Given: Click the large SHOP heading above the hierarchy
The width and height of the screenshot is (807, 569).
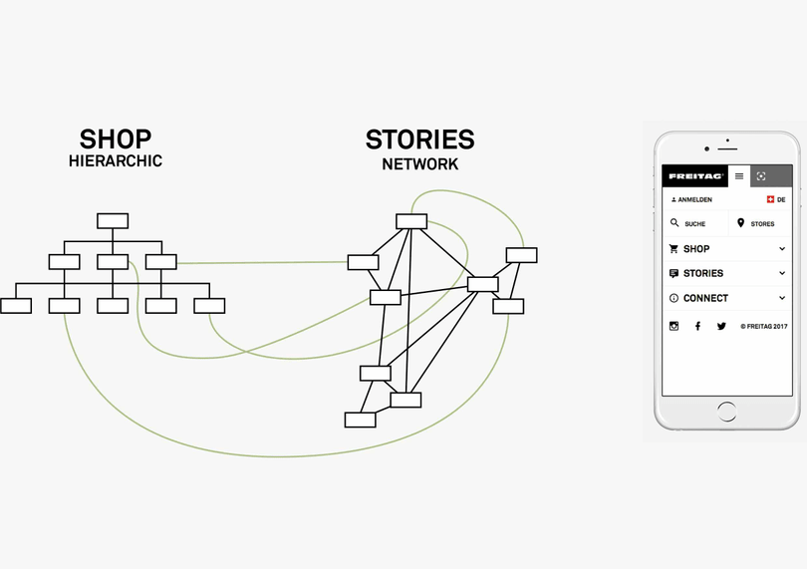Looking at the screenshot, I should pyautogui.click(x=116, y=139).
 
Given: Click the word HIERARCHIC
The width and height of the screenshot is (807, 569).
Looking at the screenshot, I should pyautogui.click(x=116, y=160).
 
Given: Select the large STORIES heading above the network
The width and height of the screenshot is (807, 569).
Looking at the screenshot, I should pyautogui.click(x=419, y=140).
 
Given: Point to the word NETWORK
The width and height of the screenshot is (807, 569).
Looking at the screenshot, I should pyautogui.click(x=419, y=163).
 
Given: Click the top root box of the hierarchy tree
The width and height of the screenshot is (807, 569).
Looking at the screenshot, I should pyautogui.click(x=113, y=221).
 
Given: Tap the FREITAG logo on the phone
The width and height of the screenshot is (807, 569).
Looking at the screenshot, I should pyautogui.click(x=695, y=176).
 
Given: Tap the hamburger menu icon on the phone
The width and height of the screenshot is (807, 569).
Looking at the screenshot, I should pyautogui.click(x=739, y=176).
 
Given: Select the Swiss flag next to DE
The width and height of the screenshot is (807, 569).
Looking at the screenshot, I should pyautogui.click(x=770, y=200).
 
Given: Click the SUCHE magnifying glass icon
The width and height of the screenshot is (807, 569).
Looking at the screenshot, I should pyautogui.click(x=674, y=223).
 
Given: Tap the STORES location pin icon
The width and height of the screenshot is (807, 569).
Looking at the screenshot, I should pyautogui.click(x=740, y=223).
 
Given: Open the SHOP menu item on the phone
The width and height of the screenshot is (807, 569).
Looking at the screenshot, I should pyautogui.click(x=696, y=249).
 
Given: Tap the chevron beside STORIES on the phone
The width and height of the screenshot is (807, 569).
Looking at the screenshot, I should pyautogui.click(x=782, y=273).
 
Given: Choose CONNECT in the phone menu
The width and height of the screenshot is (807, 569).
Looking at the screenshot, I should pyautogui.click(x=705, y=298).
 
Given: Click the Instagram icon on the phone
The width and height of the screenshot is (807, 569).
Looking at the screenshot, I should pyautogui.click(x=674, y=326).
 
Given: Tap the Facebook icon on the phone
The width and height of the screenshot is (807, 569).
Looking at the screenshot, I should pyautogui.click(x=697, y=326).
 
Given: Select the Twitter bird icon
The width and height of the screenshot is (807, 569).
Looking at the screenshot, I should pyautogui.click(x=721, y=326).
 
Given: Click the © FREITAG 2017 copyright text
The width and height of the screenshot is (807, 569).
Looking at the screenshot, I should pyautogui.click(x=764, y=326).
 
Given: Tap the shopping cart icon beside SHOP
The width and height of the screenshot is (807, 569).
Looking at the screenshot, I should pyautogui.click(x=674, y=249).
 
